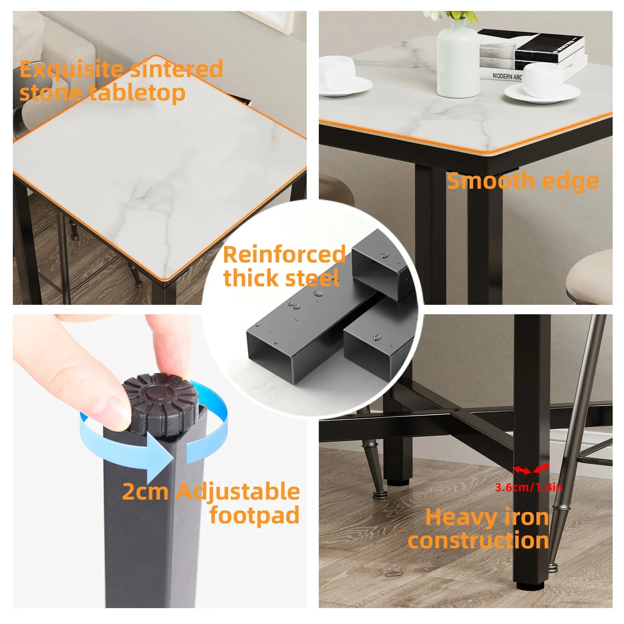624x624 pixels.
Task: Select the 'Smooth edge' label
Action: pos(523,181)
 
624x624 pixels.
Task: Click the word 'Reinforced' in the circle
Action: pos(284,255)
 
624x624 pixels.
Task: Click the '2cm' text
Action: pos(145,492)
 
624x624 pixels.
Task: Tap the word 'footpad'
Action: pos(255,515)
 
